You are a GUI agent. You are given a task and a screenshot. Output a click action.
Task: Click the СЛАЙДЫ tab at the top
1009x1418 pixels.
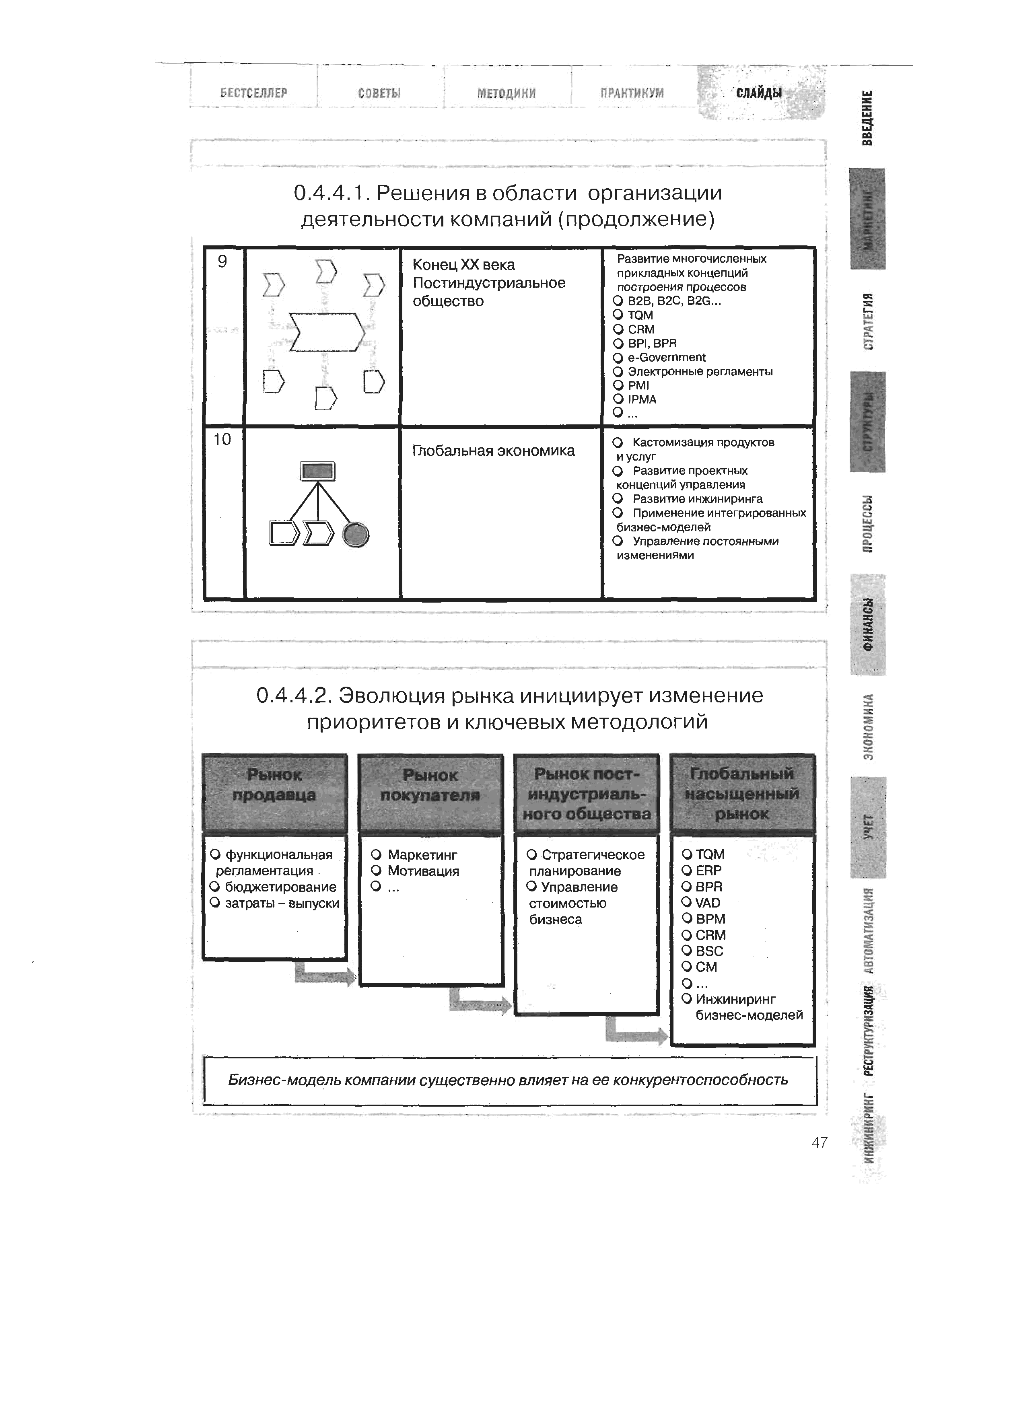tap(759, 93)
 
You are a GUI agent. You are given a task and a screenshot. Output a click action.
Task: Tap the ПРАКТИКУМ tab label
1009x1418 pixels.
tap(632, 93)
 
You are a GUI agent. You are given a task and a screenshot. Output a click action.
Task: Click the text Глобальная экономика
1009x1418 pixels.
tap(494, 451)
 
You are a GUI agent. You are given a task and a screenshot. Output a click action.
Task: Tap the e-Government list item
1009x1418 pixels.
tap(666, 358)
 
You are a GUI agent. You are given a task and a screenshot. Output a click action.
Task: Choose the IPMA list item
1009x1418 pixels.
tap(642, 400)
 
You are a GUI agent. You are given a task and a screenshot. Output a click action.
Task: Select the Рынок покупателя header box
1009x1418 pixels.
tap(430, 793)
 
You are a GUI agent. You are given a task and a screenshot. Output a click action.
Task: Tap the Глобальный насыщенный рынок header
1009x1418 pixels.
tap(742, 793)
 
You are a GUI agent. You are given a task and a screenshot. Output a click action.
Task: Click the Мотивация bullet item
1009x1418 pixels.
tap(422, 871)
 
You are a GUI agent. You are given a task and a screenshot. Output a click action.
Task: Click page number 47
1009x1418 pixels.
tap(820, 1142)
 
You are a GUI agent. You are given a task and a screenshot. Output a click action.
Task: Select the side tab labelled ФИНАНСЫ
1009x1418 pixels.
tap(868, 624)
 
